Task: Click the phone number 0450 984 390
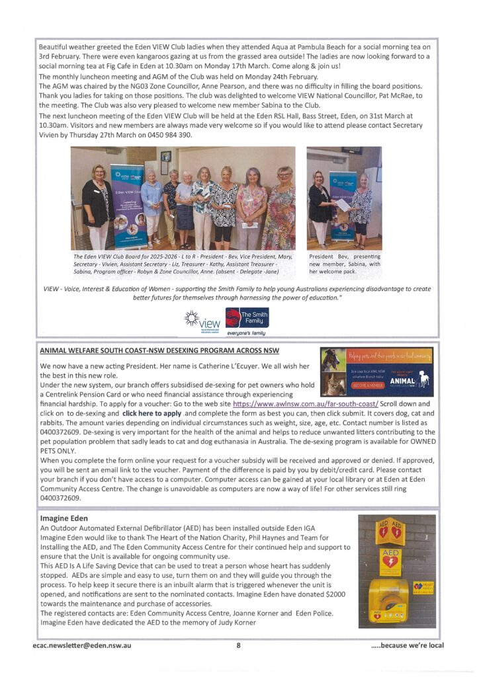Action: coord(169,135)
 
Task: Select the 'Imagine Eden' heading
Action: coord(64,519)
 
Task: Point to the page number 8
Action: coord(238,645)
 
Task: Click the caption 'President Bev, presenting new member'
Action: coord(345,262)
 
